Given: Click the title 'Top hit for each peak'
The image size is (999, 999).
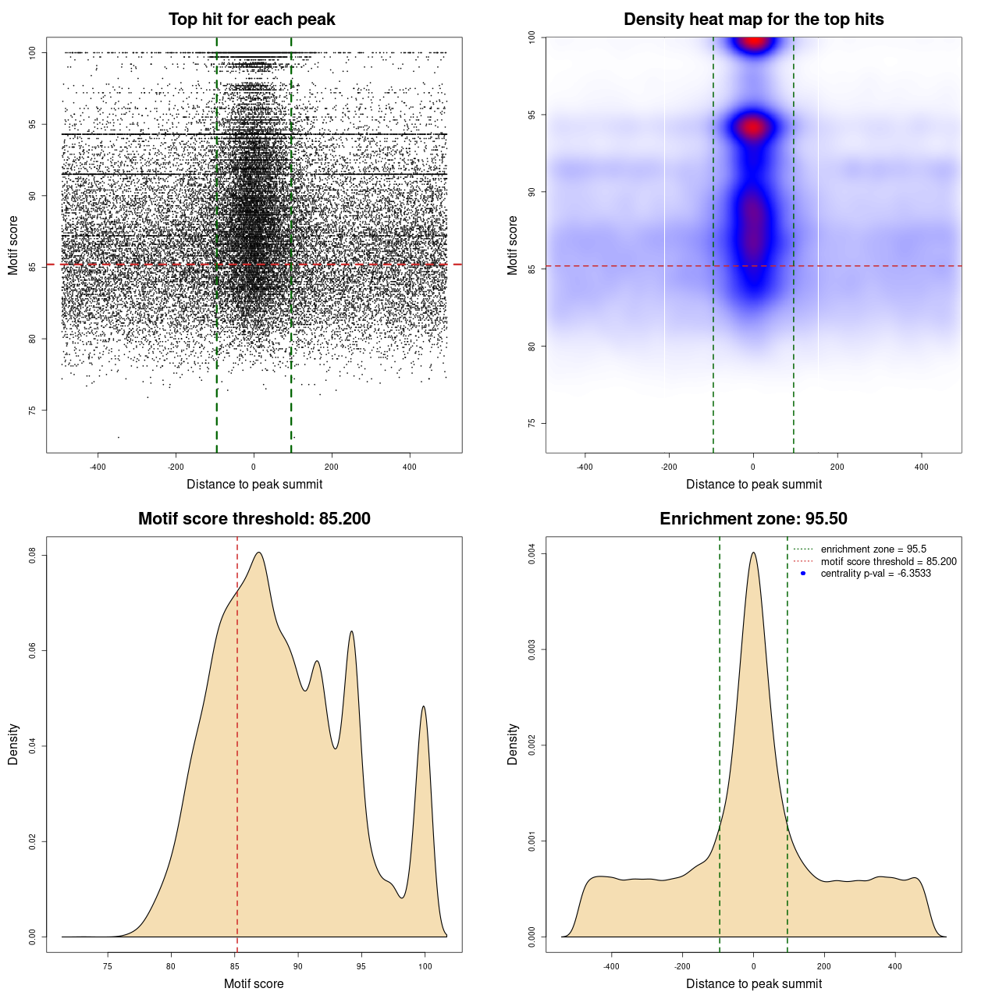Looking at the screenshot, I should click(251, 20).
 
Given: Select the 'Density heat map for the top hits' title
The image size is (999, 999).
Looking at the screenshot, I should click(753, 20).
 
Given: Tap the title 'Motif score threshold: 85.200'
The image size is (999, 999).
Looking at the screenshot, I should click(254, 519).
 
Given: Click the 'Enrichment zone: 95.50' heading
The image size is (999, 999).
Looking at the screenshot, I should click(753, 519).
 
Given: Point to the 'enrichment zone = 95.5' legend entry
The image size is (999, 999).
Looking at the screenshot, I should click(873, 549).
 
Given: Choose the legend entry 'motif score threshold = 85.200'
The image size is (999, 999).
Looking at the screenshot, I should click(888, 561).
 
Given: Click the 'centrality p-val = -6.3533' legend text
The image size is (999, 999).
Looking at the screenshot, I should click(876, 574).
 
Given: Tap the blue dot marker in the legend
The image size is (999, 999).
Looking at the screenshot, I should click(803, 574).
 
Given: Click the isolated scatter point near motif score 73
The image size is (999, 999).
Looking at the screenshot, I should click(119, 437).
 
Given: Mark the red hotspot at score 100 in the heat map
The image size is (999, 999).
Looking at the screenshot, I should click(753, 41).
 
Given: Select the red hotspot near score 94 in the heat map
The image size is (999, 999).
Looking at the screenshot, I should click(753, 127).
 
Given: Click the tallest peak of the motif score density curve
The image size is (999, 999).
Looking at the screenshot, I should click(258, 553).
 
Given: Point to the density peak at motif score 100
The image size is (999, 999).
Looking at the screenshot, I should click(424, 706).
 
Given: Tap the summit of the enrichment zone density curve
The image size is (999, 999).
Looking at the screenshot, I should click(753, 553).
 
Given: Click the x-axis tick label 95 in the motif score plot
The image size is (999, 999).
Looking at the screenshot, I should click(361, 966).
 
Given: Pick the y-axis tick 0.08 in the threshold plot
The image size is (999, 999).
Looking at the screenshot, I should click(33, 555).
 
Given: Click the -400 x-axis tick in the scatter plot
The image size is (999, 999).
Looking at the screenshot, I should click(98, 467).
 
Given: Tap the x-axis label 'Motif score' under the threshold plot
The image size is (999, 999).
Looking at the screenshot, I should click(254, 983).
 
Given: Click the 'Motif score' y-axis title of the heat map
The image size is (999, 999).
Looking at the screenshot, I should click(512, 245).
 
